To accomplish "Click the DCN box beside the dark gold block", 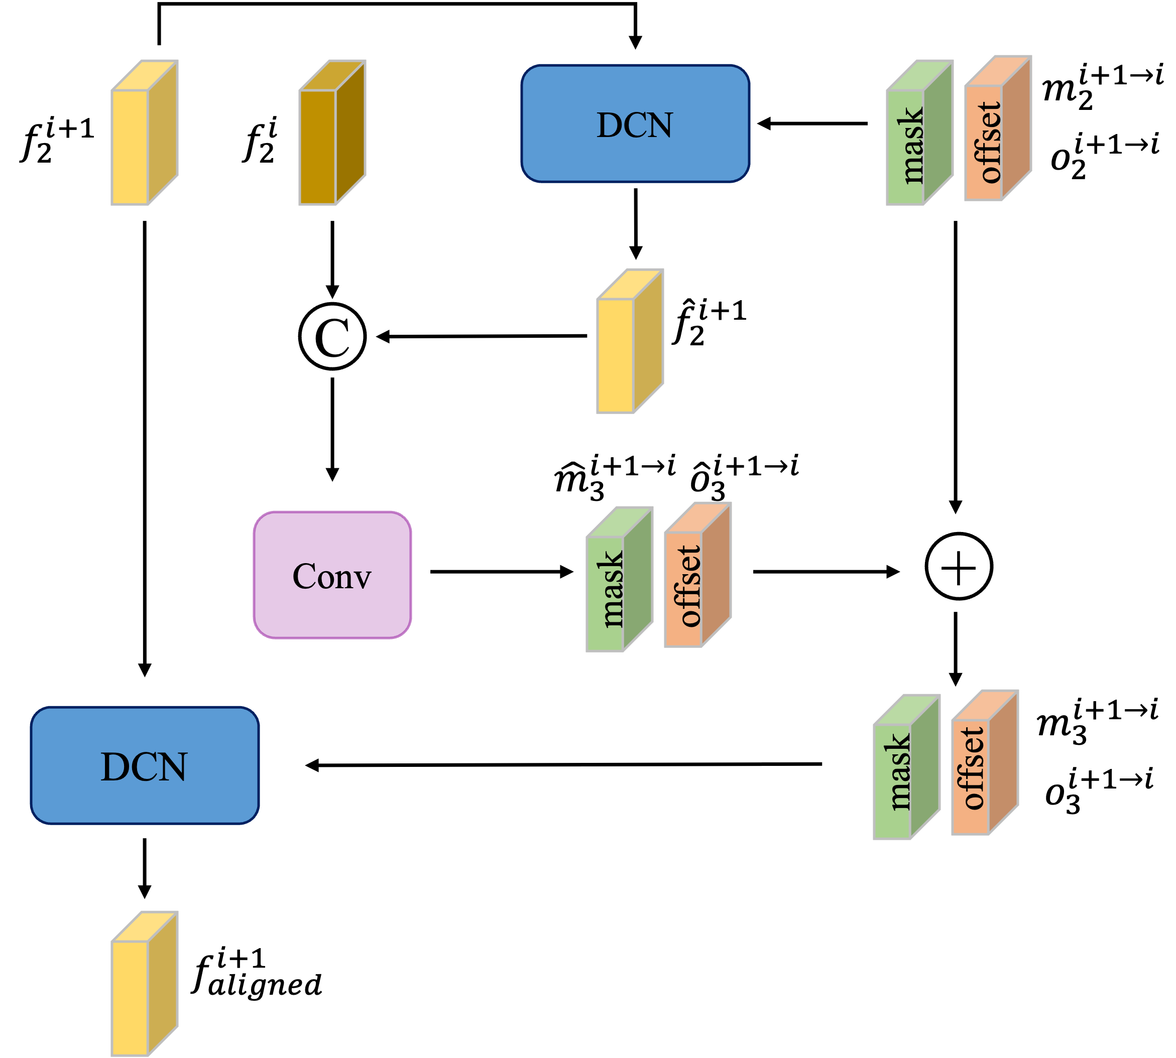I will coord(635,123).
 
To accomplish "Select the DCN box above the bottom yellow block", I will coord(144,765).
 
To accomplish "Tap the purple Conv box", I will coord(332,575).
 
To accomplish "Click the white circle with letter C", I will coord(332,336).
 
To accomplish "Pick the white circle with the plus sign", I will coord(959,566).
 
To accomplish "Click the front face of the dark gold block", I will coord(317,147).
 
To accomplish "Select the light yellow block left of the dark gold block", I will coord(130,147).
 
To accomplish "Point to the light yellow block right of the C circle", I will coord(615,356).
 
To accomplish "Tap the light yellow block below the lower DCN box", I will coord(130,998).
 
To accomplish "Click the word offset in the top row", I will coord(989,143).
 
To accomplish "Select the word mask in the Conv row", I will coord(611,589).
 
